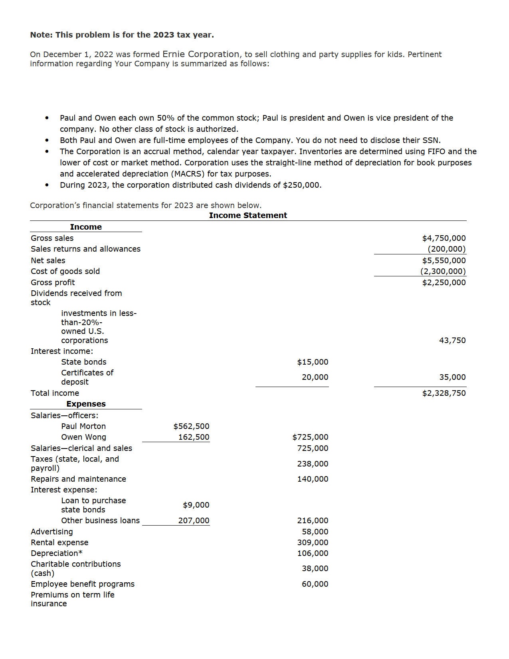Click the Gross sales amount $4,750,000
tap(444, 238)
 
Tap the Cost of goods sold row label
tap(65, 271)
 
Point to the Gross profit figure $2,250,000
tap(444, 282)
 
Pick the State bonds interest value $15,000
tap(313, 362)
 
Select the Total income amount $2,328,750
tap(444, 393)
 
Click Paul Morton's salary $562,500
tap(191, 426)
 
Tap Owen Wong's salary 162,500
tap(194, 437)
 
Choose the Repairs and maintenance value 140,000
tap(313, 479)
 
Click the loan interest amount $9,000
tap(196, 505)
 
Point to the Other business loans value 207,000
tap(194, 520)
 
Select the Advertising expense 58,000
tap(315, 532)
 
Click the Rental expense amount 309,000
tap(313, 542)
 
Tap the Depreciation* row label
tap(57, 553)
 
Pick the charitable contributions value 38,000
tap(315, 568)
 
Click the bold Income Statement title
tap(248, 215)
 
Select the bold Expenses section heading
tap(86, 404)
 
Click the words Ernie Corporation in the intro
tap(201, 54)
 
